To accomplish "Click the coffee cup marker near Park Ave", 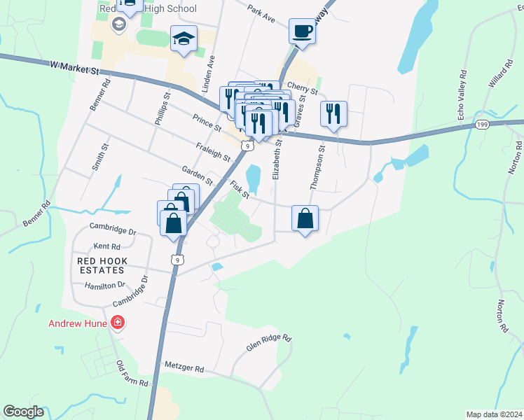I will coord(302,32).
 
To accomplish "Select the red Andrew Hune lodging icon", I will coord(118,323).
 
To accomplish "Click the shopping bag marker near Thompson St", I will coord(305,219).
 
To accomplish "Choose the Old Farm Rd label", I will coord(132,374).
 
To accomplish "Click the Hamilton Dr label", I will coord(104,286).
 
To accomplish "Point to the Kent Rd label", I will coord(106,246).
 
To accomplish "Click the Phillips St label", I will coord(163,108).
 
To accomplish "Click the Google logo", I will coord(23,412).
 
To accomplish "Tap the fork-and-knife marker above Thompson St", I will coord(333,114).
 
